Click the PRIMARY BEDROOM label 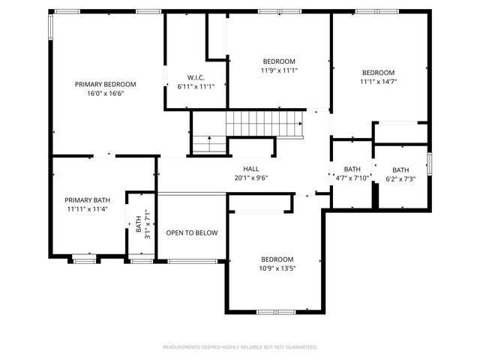(x=105, y=84)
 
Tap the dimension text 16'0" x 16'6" (x=105, y=94)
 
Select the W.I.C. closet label (x=196, y=77)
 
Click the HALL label (x=250, y=169)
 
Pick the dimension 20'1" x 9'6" (x=250, y=178)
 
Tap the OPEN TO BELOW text (x=192, y=232)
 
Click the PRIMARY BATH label (x=87, y=200)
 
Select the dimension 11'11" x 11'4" (x=87, y=210)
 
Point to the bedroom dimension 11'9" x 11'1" (x=279, y=70)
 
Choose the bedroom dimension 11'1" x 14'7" (x=378, y=82)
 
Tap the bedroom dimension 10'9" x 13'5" (x=277, y=268)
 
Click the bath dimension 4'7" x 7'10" (x=352, y=178)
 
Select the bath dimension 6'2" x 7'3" (x=400, y=179)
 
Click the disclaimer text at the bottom (x=240, y=347)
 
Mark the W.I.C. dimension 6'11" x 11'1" (x=196, y=87)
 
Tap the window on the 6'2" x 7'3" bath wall (x=430, y=162)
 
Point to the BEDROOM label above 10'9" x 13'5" (x=277, y=259)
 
